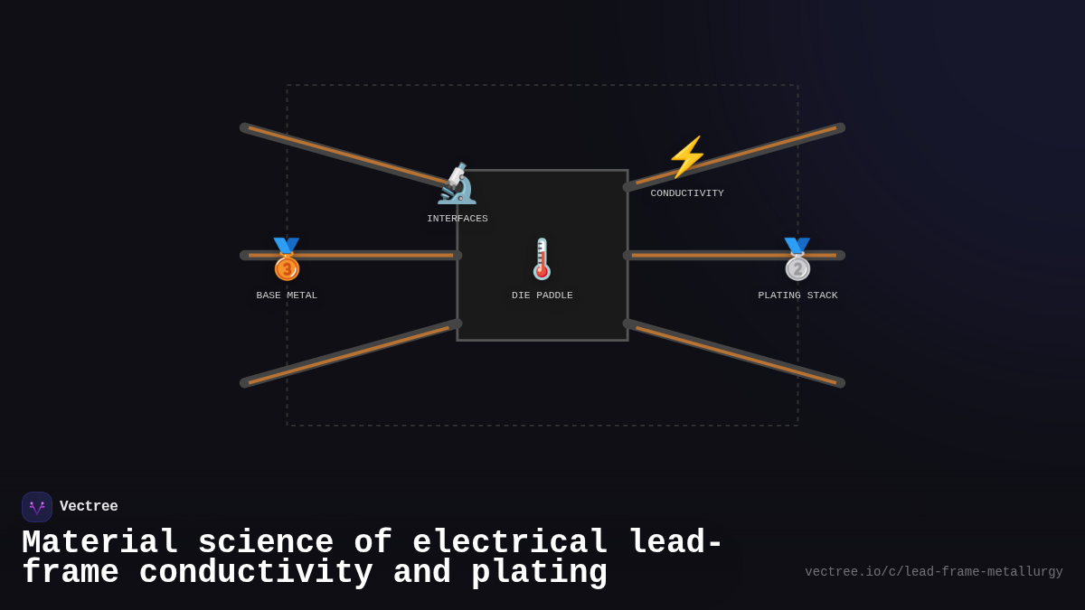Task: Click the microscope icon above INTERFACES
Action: pos(457,184)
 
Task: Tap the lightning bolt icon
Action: pos(687,157)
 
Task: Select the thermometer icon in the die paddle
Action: pos(542,259)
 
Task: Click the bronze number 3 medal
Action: pos(287,260)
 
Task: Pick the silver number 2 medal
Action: pos(797,260)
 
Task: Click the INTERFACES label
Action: pos(458,219)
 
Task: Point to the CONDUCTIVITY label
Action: pos(687,193)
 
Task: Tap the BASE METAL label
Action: pos(287,296)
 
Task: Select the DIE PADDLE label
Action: pos(542,296)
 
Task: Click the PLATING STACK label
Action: pos(797,296)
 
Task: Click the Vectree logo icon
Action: pos(37,507)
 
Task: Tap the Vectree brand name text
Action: pos(89,507)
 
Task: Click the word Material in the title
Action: pos(99,543)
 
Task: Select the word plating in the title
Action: pos(539,573)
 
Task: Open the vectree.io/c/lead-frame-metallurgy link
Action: pos(933,572)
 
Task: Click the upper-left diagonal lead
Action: pos(348,155)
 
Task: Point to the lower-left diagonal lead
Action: pos(348,354)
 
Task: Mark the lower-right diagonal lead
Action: pos(737,354)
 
